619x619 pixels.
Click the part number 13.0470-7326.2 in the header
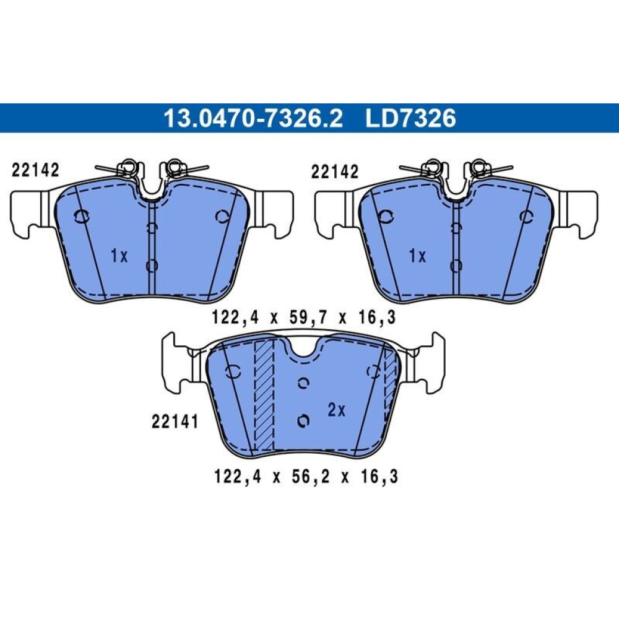click(253, 118)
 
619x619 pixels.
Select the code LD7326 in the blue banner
click(410, 118)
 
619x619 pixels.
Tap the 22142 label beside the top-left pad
click(35, 170)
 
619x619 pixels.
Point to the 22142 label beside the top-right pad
click(335, 171)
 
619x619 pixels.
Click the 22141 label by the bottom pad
click(175, 422)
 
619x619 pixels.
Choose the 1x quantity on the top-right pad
click(418, 257)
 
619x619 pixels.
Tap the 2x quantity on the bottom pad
click(336, 410)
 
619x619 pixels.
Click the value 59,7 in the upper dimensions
click(303, 318)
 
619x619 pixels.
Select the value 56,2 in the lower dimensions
click(305, 477)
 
